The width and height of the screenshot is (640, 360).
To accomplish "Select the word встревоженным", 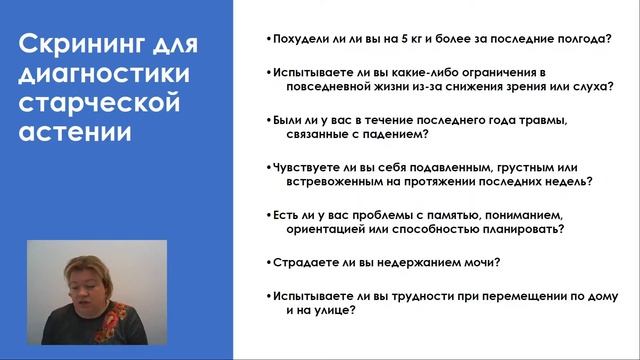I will pos(329,182).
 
